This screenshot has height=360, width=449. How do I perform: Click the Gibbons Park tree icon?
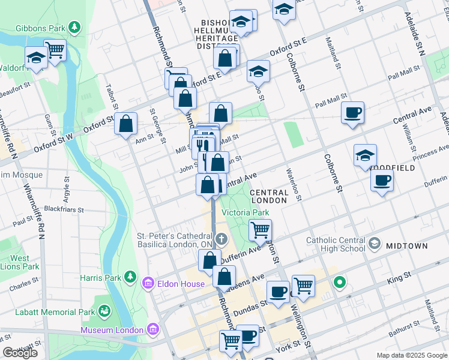(74, 27)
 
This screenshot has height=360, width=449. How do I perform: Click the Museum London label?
(112, 330)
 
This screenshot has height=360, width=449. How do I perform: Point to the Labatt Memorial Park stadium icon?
(106, 311)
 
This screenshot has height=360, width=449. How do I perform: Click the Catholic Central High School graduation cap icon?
(375, 243)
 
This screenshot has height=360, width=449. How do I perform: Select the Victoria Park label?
(245, 212)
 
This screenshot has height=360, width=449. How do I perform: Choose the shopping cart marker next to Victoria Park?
(260, 229)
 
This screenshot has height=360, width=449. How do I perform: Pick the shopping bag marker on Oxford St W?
(126, 124)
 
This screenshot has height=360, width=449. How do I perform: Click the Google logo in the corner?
(20, 353)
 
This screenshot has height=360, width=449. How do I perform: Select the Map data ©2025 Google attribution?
(411, 355)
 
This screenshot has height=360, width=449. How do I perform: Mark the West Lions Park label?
(20, 262)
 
